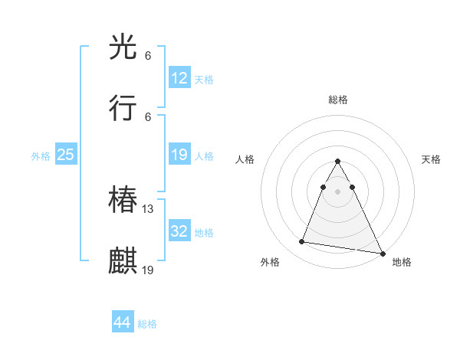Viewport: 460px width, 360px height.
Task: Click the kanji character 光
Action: tap(123, 48)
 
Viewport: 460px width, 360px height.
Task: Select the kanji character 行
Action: tap(123, 109)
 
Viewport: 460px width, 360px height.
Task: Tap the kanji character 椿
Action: tap(123, 201)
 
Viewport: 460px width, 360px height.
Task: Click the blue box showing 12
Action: tap(179, 78)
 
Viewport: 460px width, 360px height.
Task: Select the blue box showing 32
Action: tap(179, 231)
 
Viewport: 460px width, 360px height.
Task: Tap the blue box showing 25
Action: tap(66, 155)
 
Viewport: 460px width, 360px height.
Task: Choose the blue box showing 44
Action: tap(123, 322)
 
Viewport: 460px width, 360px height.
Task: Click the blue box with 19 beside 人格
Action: tap(179, 155)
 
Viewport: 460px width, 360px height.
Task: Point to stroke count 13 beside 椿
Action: tap(148, 208)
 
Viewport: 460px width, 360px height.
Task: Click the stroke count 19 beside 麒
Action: tap(148, 269)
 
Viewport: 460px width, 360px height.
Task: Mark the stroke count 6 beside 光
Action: tap(148, 55)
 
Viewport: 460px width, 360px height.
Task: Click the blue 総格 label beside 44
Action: tap(147, 324)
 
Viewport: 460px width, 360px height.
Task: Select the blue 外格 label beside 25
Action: tap(41, 155)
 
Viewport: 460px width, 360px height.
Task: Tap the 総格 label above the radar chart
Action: tap(338, 100)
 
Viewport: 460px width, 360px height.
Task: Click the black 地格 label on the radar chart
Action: tap(402, 262)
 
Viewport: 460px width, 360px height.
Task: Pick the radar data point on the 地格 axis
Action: tap(382, 254)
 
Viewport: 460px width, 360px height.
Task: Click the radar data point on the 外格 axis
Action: tap(301, 242)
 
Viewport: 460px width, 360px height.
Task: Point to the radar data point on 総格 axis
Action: tap(337, 162)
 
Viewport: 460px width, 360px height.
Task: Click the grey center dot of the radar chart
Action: tap(337, 201)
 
